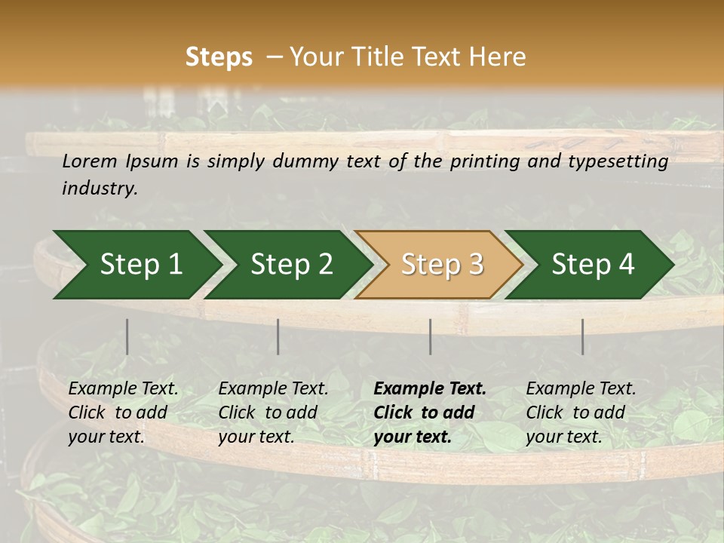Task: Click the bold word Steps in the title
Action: (x=219, y=57)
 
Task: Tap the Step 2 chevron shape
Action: (x=291, y=265)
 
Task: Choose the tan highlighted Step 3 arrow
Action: (x=441, y=265)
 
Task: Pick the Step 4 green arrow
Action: (x=593, y=265)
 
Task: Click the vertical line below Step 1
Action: (x=127, y=336)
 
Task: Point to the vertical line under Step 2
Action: (x=278, y=336)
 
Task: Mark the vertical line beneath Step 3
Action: (x=430, y=336)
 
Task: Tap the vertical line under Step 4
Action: (x=582, y=336)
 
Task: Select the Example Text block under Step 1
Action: (x=123, y=413)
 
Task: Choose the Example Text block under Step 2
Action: (x=273, y=413)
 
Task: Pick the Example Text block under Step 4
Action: (x=581, y=413)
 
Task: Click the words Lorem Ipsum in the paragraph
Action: (x=120, y=161)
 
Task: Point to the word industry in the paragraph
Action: (x=99, y=189)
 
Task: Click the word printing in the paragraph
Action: (x=483, y=161)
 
